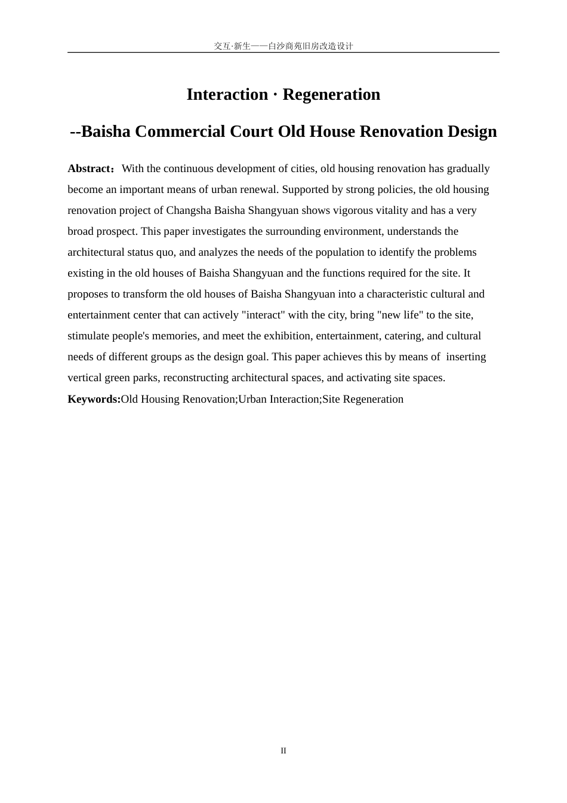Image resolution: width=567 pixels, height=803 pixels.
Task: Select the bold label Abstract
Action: pyautogui.click(x=90, y=168)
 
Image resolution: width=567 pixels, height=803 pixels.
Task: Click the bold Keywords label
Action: pyautogui.click(x=94, y=399)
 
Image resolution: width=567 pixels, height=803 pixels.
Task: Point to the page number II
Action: pyautogui.click(x=283, y=751)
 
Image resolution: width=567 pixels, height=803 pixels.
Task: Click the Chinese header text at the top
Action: pyautogui.click(x=283, y=46)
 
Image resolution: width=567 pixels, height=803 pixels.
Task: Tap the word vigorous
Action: pyautogui.click(x=354, y=210)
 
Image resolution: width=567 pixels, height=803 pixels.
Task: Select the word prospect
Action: pyautogui.click(x=116, y=231)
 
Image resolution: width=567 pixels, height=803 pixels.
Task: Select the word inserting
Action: pyautogui.click(x=466, y=357)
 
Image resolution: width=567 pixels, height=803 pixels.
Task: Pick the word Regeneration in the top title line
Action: pyautogui.click(x=331, y=94)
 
